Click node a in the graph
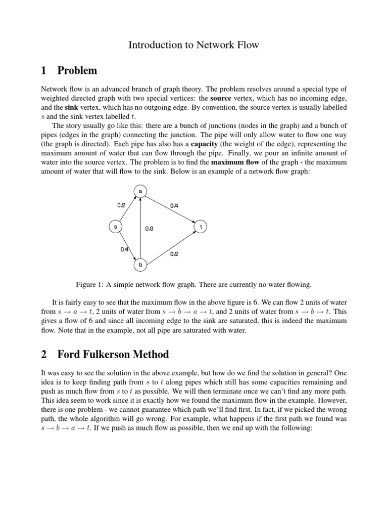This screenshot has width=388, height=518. coord(140,191)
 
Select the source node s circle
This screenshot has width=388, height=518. coord(115,227)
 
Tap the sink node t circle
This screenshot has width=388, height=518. coord(201,227)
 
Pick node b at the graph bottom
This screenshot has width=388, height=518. coord(140,264)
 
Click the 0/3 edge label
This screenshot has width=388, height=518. coord(149,229)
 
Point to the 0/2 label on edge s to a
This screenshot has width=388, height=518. coord(121,205)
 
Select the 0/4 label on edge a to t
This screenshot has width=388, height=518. coord(174,205)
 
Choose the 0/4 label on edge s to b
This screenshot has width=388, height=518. coord(124,249)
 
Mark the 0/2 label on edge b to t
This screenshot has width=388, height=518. coord(174,254)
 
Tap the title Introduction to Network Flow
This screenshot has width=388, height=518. coord(193,45)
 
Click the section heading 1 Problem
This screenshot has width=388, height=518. coord(69,70)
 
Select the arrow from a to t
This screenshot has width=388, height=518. coord(169,208)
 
